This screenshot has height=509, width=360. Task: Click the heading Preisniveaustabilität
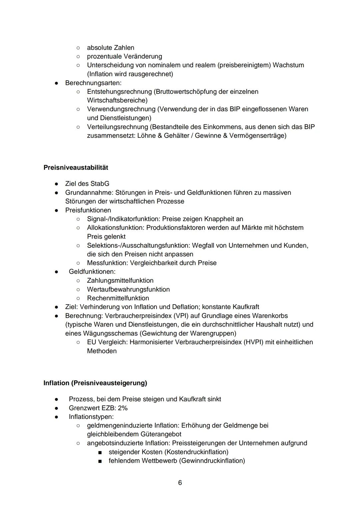click(x=76, y=167)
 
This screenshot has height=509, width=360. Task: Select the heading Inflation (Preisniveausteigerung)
click(x=95, y=383)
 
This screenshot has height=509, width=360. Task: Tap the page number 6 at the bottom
click(x=180, y=483)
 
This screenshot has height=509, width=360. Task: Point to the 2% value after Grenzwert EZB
click(x=123, y=408)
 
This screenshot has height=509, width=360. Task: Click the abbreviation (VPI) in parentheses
click(x=171, y=316)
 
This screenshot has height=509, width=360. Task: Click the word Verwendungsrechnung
click(x=121, y=109)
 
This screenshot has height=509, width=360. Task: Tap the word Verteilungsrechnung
click(x=117, y=127)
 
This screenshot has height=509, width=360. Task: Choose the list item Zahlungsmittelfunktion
click(x=120, y=281)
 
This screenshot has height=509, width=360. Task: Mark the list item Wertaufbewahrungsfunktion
click(x=128, y=289)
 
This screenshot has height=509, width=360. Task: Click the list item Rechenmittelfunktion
click(x=118, y=298)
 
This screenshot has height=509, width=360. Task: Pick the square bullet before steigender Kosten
click(x=100, y=452)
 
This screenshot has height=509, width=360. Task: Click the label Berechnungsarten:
click(x=93, y=83)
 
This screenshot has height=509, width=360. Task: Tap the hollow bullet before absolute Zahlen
click(x=78, y=48)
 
